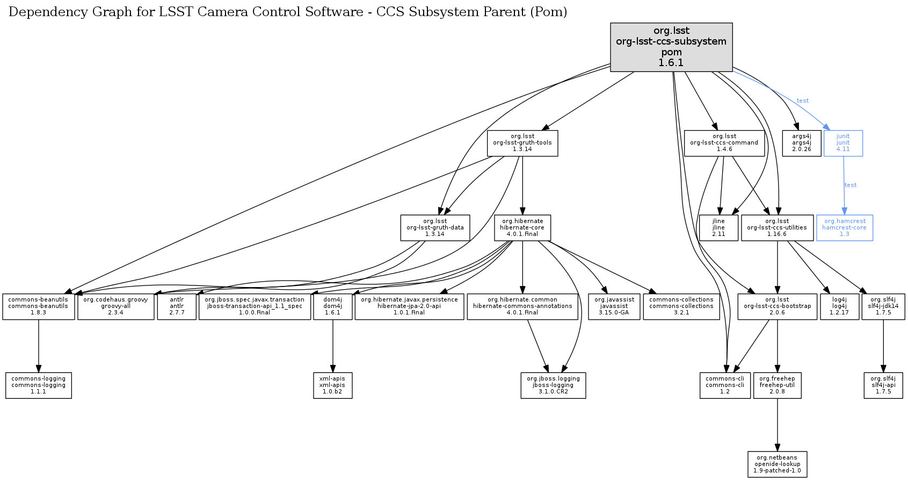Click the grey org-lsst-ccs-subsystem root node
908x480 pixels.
click(671, 47)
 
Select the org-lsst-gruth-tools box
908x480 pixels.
click(522, 143)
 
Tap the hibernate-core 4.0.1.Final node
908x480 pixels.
click(522, 228)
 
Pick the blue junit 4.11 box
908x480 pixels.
click(843, 143)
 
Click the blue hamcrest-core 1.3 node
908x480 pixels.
click(844, 228)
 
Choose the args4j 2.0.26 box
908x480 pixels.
click(801, 143)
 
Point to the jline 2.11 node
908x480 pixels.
click(718, 228)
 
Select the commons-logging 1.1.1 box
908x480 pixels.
click(38, 385)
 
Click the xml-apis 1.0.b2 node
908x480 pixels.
click(332, 385)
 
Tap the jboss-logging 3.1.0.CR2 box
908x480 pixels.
click(553, 385)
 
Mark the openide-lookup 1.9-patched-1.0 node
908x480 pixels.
click(777, 464)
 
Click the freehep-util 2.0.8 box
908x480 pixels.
click(777, 385)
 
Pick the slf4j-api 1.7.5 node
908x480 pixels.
click(883, 385)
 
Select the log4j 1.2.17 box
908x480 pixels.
click(839, 306)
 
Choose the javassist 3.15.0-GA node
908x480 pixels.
click(614, 306)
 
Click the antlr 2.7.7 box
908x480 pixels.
click(177, 306)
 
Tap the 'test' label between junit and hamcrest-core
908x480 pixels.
click(851, 185)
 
